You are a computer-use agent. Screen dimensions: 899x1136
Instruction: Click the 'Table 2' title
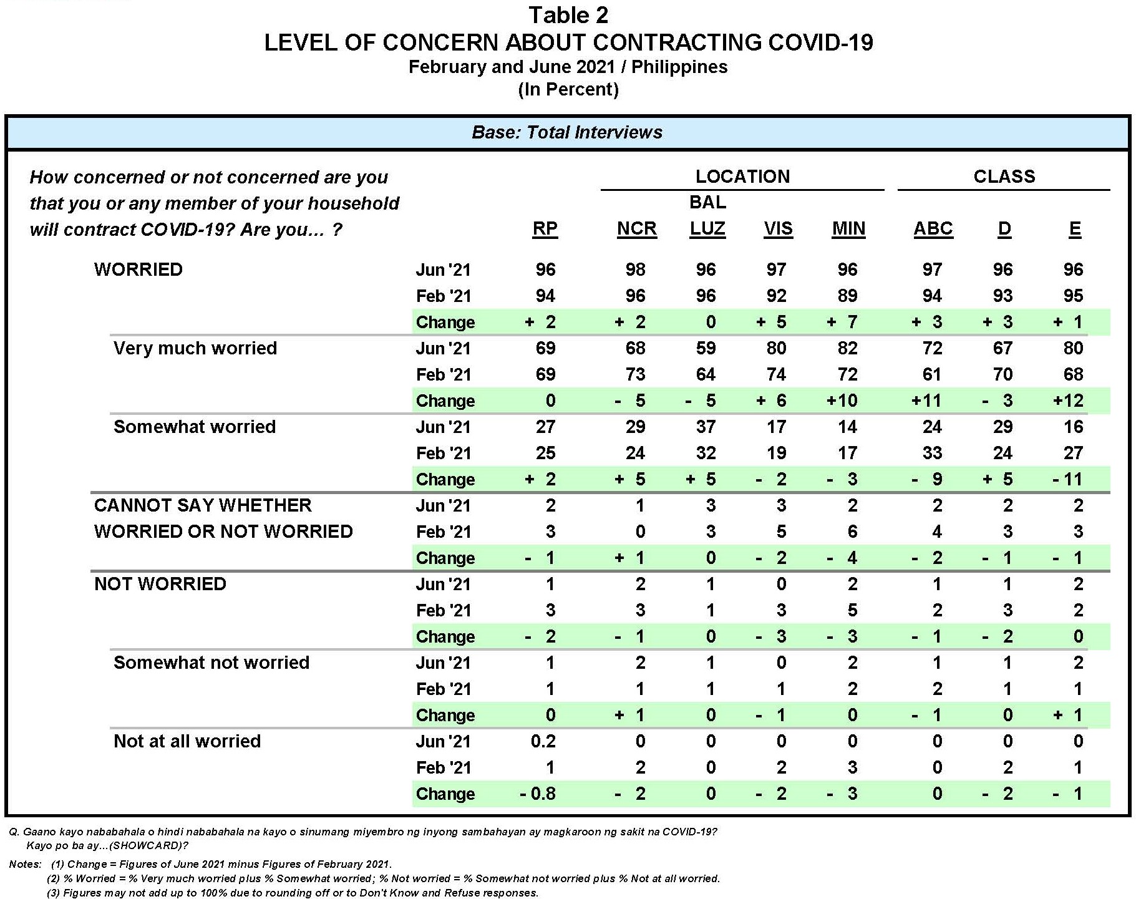568,15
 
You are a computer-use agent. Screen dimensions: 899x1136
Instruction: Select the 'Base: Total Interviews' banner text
567,132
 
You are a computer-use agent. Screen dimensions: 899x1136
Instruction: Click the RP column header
545,229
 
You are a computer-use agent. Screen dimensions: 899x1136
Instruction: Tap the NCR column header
636,229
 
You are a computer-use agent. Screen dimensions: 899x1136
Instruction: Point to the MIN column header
848,229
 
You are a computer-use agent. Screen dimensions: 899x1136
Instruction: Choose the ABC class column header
933,229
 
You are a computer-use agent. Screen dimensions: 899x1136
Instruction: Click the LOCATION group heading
742,177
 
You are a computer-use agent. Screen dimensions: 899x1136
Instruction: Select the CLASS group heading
1004,177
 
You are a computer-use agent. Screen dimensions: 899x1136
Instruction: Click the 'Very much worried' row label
195,348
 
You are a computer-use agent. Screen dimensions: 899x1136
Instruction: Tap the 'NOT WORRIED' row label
160,584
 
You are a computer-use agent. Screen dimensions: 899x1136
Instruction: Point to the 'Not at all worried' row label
187,741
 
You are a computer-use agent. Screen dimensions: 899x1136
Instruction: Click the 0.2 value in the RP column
543,741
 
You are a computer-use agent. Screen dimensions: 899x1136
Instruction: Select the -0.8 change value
538,794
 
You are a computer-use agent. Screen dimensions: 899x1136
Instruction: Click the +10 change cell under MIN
842,401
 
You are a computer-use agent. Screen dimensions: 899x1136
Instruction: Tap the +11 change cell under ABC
926,401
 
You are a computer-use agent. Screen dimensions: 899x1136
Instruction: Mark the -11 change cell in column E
1067,479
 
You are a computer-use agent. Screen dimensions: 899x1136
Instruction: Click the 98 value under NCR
635,270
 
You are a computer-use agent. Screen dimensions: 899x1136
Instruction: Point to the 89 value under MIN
847,296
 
